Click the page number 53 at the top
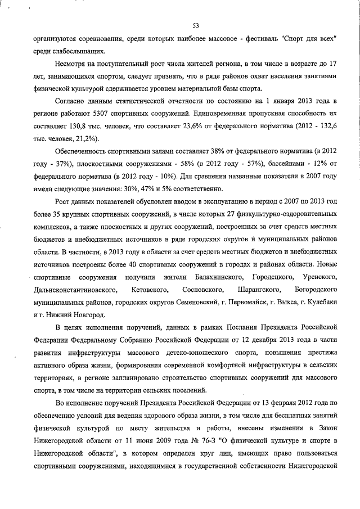coord(196,25)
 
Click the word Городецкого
coord(274,278)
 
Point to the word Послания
coord(218,326)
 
